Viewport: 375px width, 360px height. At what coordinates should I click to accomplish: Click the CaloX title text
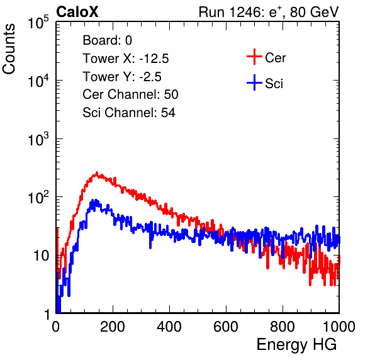click(x=77, y=12)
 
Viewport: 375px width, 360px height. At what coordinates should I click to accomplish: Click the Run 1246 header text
click(x=269, y=12)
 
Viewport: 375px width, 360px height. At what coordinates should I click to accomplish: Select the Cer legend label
click(x=275, y=58)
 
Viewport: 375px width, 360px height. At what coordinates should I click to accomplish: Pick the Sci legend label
click(x=274, y=84)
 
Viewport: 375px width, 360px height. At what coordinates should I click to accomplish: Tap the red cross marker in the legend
click(x=254, y=57)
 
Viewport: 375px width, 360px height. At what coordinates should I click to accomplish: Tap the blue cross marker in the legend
click(x=254, y=82)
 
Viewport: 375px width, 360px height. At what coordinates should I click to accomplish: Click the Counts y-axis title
click(x=9, y=49)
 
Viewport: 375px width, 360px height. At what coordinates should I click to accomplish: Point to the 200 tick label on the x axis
click(x=113, y=327)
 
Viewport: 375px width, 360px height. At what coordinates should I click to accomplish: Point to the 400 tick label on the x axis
click(x=169, y=327)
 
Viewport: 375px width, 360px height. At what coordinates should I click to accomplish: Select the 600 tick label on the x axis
click(x=226, y=327)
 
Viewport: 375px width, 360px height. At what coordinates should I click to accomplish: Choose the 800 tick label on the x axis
click(x=283, y=327)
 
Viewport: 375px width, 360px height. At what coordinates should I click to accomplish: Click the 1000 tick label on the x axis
click(x=339, y=327)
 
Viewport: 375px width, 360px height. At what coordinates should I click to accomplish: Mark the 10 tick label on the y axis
click(x=41, y=256)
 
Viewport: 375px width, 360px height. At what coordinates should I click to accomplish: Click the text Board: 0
click(x=107, y=40)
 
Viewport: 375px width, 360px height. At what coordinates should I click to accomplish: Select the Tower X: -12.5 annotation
click(x=126, y=59)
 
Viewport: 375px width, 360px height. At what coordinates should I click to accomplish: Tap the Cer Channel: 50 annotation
click(x=130, y=94)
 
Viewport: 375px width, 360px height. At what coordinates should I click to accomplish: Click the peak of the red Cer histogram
click(x=97, y=172)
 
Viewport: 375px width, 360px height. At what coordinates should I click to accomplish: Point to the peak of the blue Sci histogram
click(x=96, y=200)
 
